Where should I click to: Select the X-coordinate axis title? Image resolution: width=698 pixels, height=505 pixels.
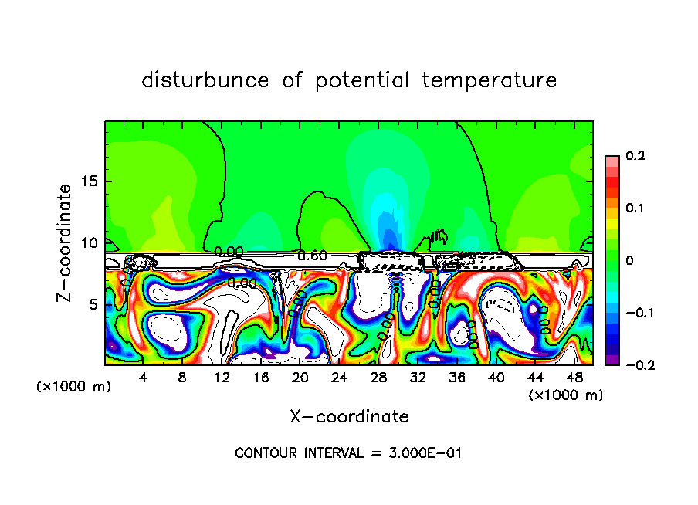click(349, 416)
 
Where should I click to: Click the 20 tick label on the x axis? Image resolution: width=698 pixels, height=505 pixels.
click(300, 378)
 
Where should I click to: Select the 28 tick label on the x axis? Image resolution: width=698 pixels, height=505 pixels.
click(378, 378)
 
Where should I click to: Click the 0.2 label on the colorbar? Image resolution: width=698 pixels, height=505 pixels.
click(635, 156)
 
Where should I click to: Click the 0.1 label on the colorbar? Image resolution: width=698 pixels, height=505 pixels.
click(635, 208)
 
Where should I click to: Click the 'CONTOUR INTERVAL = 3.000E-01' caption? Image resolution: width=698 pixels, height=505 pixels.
click(348, 453)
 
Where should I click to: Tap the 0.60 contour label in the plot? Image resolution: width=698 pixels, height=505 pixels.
click(312, 256)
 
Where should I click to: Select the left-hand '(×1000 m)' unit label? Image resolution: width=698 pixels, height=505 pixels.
click(74, 387)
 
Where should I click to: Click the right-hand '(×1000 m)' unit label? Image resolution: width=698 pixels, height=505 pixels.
click(566, 395)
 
